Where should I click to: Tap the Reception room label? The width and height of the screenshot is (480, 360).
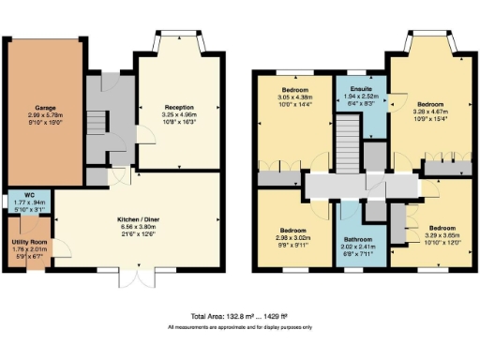pyautogui.click(x=178, y=108)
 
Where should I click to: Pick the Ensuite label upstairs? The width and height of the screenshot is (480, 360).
pyautogui.click(x=361, y=87)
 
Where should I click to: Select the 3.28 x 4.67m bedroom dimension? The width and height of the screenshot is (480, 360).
pyautogui.click(x=430, y=111)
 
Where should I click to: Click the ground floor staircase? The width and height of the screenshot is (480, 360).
pyautogui.click(x=97, y=120)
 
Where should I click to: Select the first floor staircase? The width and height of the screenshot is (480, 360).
pyautogui.click(x=347, y=150)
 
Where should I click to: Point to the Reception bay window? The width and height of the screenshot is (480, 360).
pyautogui.click(x=178, y=43)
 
